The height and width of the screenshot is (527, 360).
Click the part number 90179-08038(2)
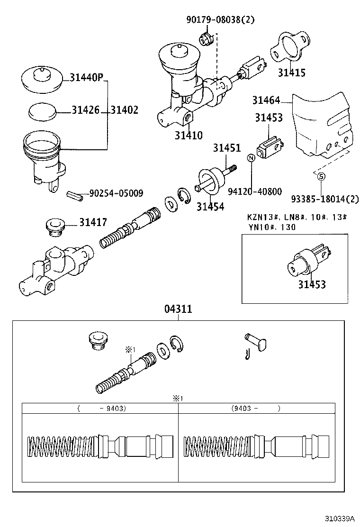[220, 19]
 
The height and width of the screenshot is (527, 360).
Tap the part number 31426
[86, 110]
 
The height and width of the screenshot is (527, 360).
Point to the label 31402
[125, 110]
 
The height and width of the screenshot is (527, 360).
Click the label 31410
[189, 136]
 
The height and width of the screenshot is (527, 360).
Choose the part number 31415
[291, 73]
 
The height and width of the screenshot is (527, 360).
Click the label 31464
[266, 100]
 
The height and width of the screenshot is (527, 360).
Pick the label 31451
[226, 148]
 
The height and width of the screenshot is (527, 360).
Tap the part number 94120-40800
[254, 191]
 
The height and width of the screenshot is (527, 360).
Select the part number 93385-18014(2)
[325, 199]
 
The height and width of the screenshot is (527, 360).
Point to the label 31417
[93, 222]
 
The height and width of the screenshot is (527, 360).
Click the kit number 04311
[178, 309]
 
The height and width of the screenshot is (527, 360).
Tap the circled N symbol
[252, 158]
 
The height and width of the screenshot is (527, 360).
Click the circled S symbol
[321, 176]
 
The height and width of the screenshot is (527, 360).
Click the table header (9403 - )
[256, 408]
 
